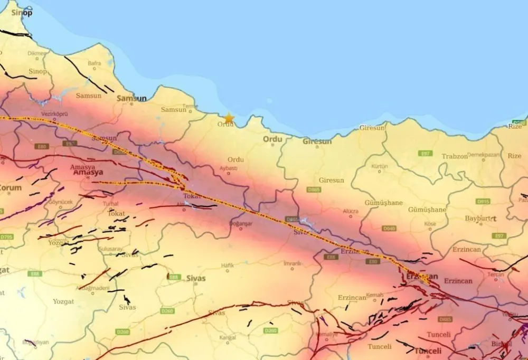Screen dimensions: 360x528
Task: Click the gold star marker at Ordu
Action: pyautogui.click(x=229, y=118)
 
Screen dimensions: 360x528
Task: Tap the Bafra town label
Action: pyautogui.click(x=95, y=63)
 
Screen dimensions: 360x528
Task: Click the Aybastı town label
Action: pyautogui.click(x=229, y=168)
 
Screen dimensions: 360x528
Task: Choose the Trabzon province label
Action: pyautogui.click(x=454, y=156)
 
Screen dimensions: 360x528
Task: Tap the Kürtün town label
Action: pyautogui.click(x=380, y=166)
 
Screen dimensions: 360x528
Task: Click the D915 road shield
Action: pyautogui.click(x=483, y=201)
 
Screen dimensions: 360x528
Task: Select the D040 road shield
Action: pyautogui.click(x=389, y=228)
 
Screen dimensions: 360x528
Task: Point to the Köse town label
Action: pyautogui.click(x=430, y=224)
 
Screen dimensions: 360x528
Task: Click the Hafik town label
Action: pyautogui.click(x=228, y=265)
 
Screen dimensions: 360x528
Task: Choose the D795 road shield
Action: pyautogui.click(x=6, y=236)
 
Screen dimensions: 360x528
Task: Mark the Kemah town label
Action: pyautogui.click(x=374, y=295)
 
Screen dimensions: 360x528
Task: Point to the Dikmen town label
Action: pyautogui.click(x=37, y=53)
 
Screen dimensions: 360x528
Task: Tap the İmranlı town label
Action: pyautogui.click(x=292, y=263)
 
